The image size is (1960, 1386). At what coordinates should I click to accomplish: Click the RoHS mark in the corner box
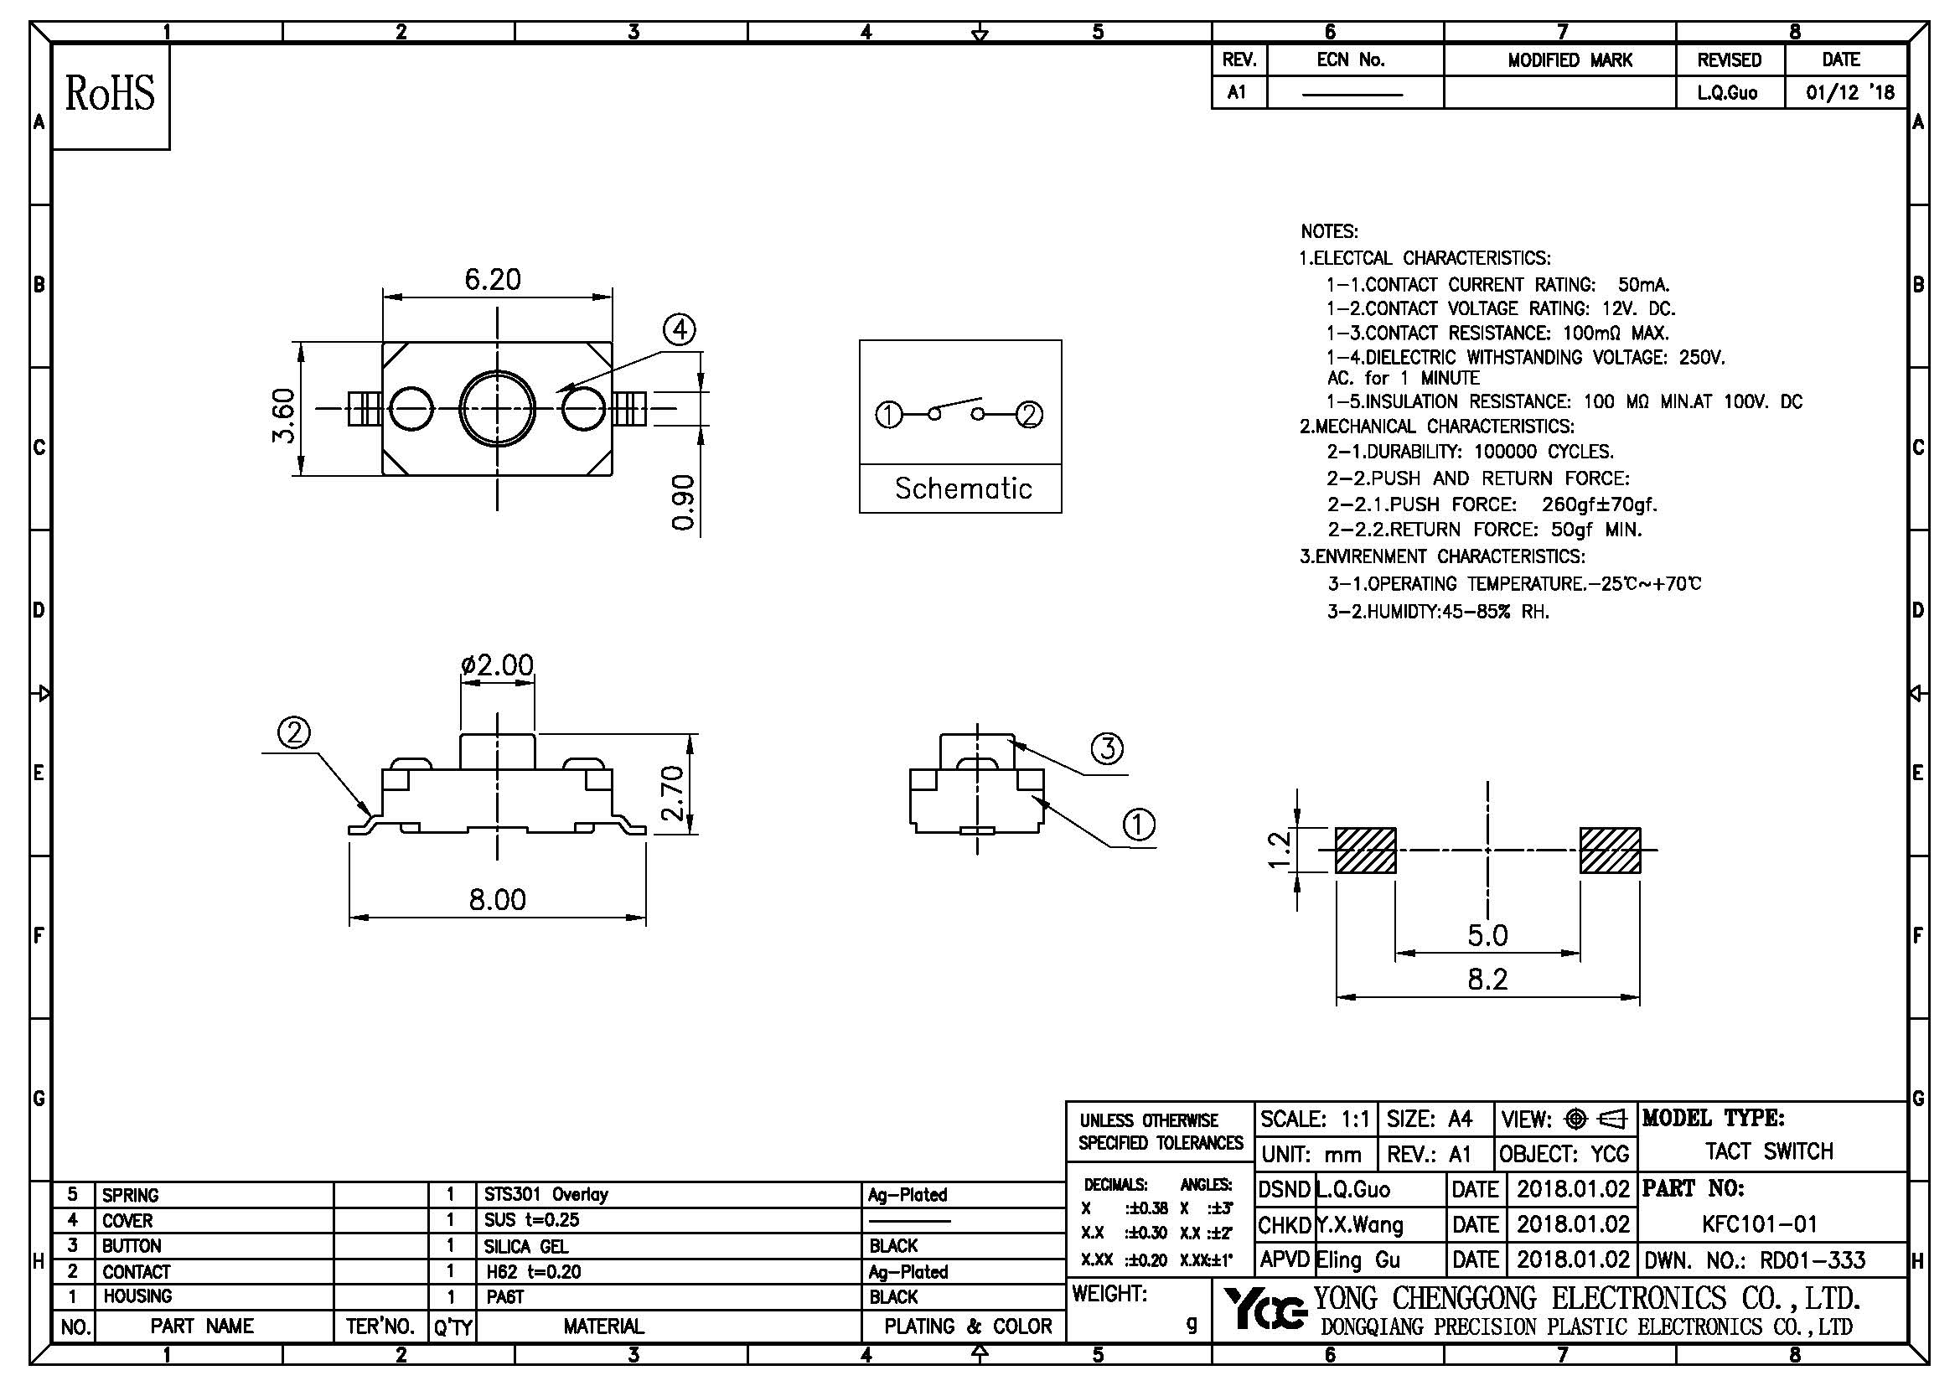coord(110,95)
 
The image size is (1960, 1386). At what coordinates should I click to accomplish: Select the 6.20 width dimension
coord(493,280)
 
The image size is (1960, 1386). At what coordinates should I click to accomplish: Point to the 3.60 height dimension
coord(284,416)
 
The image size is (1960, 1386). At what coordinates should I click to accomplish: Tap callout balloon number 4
coord(680,330)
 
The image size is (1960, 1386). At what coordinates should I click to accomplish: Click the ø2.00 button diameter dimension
coord(497,664)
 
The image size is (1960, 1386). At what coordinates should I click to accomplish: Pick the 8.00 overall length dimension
coord(497,899)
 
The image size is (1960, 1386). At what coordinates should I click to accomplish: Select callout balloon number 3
coord(1107,748)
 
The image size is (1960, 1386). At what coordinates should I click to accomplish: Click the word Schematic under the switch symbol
coord(962,489)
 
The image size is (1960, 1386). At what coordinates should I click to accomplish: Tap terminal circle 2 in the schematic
coord(1031,416)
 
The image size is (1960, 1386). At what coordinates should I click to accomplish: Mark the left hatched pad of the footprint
coord(1365,850)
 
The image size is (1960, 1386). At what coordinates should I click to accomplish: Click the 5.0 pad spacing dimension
coord(1487,935)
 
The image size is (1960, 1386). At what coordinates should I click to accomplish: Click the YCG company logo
coord(1264,1311)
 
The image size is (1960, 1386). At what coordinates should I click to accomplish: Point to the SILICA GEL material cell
coord(526,1246)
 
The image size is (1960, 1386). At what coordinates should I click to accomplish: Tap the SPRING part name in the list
coord(131,1195)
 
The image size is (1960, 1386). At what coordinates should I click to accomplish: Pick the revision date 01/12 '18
coord(1849,92)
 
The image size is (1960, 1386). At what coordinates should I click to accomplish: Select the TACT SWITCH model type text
coord(1769,1151)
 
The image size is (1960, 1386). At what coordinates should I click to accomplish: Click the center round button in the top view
coord(497,408)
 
